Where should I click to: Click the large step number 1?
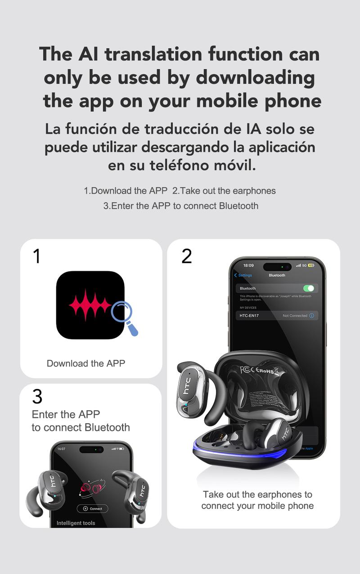pyautogui.click(x=37, y=256)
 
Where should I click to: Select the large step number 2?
pyautogui.click(x=186, y=256)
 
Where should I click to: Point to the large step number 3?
pyautogui.click(x=37, y=397)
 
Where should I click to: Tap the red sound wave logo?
pyautogui.click(x=90, y=305)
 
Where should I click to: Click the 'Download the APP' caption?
pyautogui.click(x=86, y=363)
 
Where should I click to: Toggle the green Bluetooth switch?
pyautogui.click(x=308, y=288)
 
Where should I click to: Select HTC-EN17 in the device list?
pyautogui.click(x=249, y=316)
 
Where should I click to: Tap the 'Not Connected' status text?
pyautogui.click(x=295, y=316)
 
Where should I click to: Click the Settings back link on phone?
pyautogui.click(x=243, y=275)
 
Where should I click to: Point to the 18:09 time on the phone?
pyautogui.click(x=248, y=265)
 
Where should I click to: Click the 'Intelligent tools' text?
pyautogui.click(x=76, y=523)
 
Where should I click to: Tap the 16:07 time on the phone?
pyautogui.click(x=61, y=448)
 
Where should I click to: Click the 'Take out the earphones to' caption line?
pyautogui.click(x=257, y=494)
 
